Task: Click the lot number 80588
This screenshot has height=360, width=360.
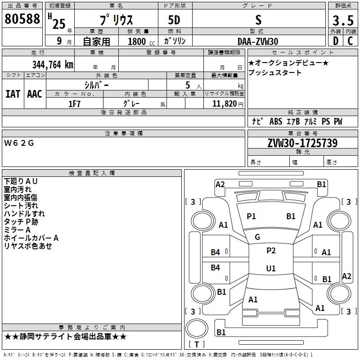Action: (x=22, y=19)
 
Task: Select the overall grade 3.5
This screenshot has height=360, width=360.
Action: (x=343, y=21)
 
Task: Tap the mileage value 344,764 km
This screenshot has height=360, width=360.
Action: (x=53, y=65)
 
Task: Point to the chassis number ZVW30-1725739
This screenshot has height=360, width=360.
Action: (x=302, y=143)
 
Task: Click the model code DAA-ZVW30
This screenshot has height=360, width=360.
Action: (x=258, y=41)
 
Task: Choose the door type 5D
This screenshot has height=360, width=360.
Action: (x=174, y=20)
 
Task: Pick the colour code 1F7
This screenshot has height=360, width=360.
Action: (x=74, y=104)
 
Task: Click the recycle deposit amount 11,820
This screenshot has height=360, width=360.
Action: (x=225, y=104)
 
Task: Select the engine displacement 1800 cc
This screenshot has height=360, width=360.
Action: (x=141, y=41)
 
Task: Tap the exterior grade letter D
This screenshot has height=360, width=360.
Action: (x=336, y=41)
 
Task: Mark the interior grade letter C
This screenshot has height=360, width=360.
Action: (x=350, y=41)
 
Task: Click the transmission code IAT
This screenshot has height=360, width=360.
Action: (x=13, y=94)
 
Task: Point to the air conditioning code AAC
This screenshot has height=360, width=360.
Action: (x=35, y=94)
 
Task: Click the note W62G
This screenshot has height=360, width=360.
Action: (x=19, y=143)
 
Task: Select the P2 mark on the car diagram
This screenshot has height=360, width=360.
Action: (x=271, y=251)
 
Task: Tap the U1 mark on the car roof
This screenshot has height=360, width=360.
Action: (x=271, y=268)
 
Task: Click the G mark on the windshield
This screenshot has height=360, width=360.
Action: (x=257, y=237)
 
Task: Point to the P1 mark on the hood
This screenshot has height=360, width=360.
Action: (x=251, y=216)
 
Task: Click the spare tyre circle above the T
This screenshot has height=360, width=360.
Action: (x=197, y=328)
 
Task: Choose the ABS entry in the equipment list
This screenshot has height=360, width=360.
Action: (x=276, y=121)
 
